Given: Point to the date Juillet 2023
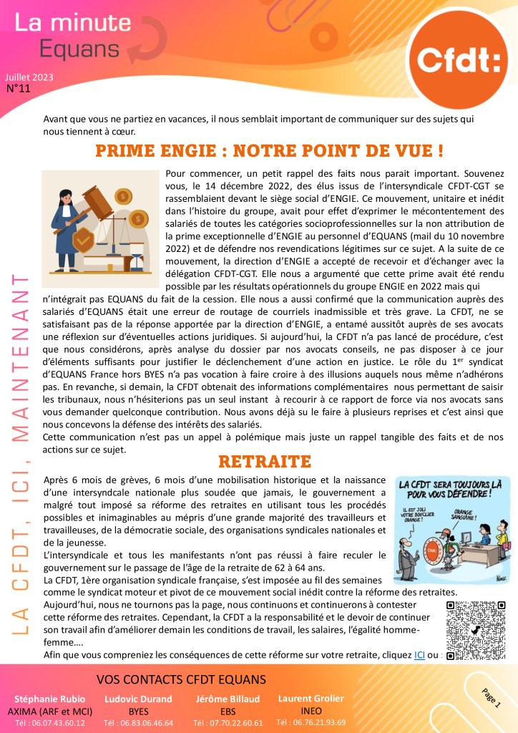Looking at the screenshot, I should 29,77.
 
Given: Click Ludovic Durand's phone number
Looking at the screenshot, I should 138,723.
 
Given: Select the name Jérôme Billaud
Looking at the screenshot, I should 228,699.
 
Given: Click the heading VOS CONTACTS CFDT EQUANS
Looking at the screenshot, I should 180,679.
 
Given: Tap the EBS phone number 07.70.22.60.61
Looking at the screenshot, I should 228,723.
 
